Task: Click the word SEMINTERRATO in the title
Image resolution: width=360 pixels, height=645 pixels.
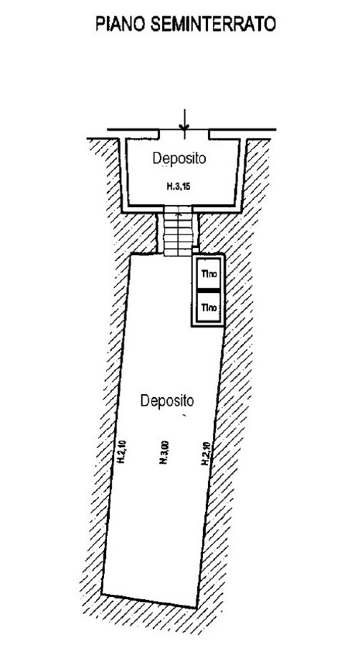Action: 213,24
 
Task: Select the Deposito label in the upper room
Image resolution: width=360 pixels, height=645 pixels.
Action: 179,158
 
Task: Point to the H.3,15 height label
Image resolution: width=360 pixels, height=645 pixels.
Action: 179,187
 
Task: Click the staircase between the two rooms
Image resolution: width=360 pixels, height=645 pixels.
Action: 178,231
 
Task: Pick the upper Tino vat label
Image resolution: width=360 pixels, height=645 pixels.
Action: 209,273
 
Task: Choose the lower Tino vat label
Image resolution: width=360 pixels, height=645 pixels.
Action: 209,307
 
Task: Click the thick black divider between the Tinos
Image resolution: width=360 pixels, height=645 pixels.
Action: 208,291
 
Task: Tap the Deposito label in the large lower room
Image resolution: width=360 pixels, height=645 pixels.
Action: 167,400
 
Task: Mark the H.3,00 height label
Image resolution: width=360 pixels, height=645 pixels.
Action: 164,452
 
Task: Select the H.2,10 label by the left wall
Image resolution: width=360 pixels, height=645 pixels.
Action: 122,452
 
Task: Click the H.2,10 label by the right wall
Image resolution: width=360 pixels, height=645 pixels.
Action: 206,454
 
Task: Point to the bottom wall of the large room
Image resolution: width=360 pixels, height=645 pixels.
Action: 149,601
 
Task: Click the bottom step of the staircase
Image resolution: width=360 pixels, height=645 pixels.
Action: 178,252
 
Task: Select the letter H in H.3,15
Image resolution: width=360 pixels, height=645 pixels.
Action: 169,187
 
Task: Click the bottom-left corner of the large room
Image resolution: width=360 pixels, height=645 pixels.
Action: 102,594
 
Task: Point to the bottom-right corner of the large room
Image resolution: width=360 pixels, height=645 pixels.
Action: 196,608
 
